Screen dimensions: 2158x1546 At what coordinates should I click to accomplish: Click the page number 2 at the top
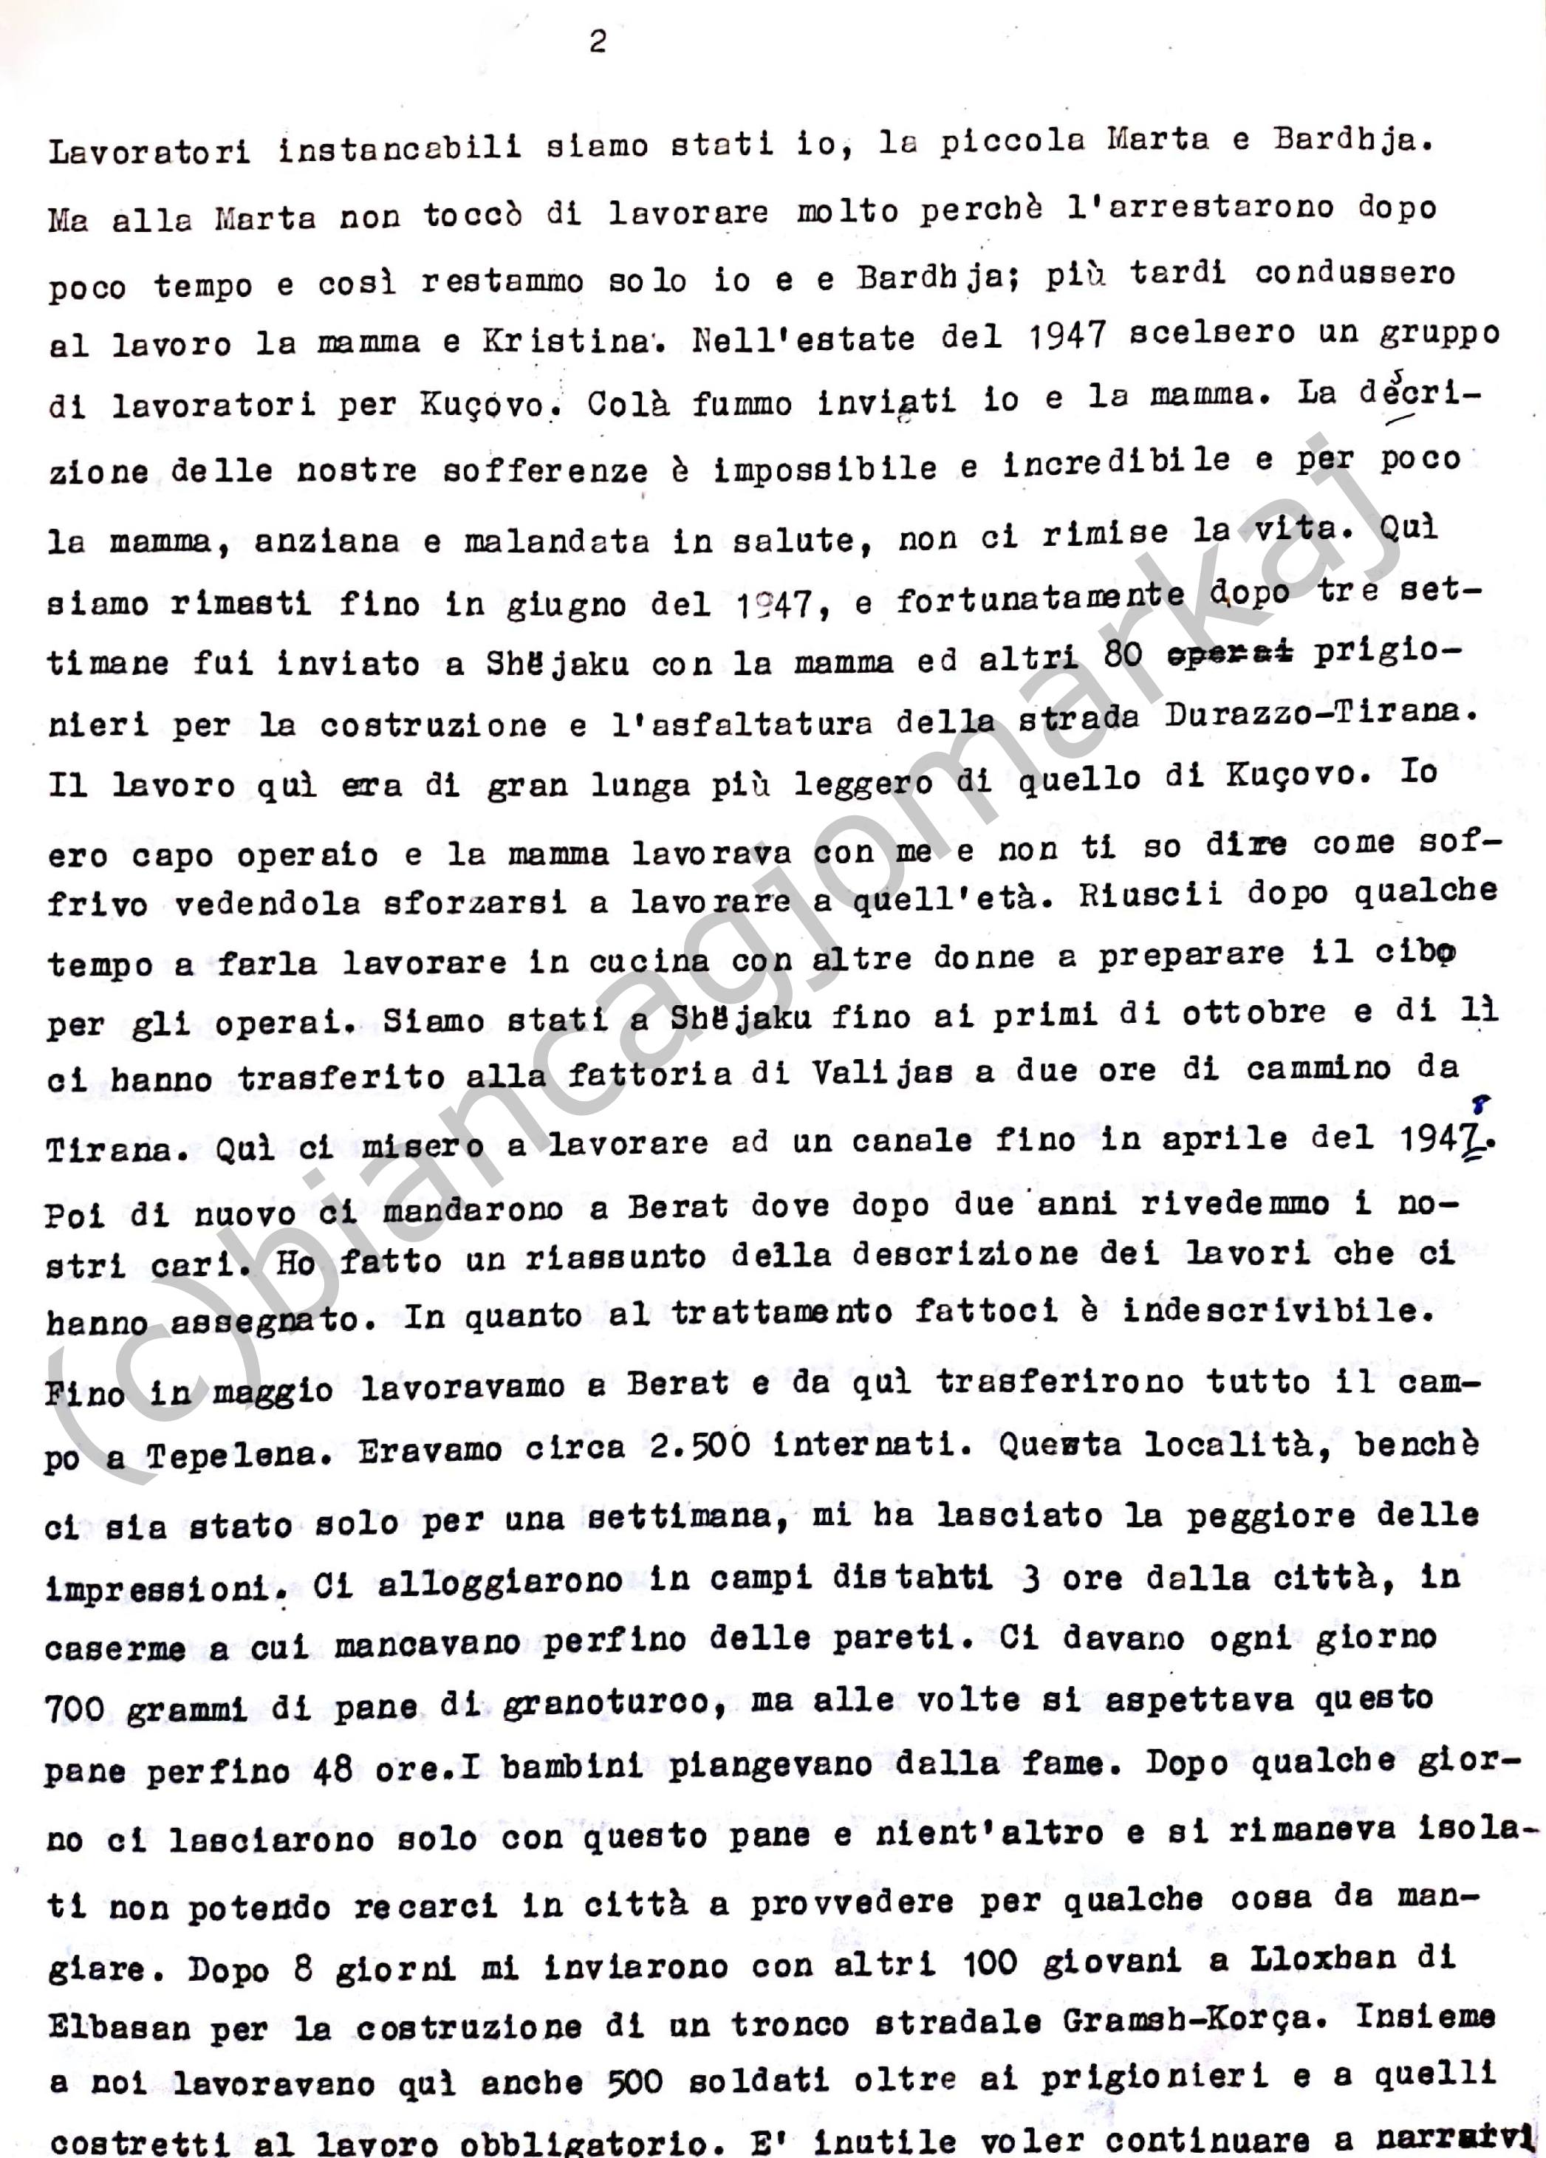point(597,43)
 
